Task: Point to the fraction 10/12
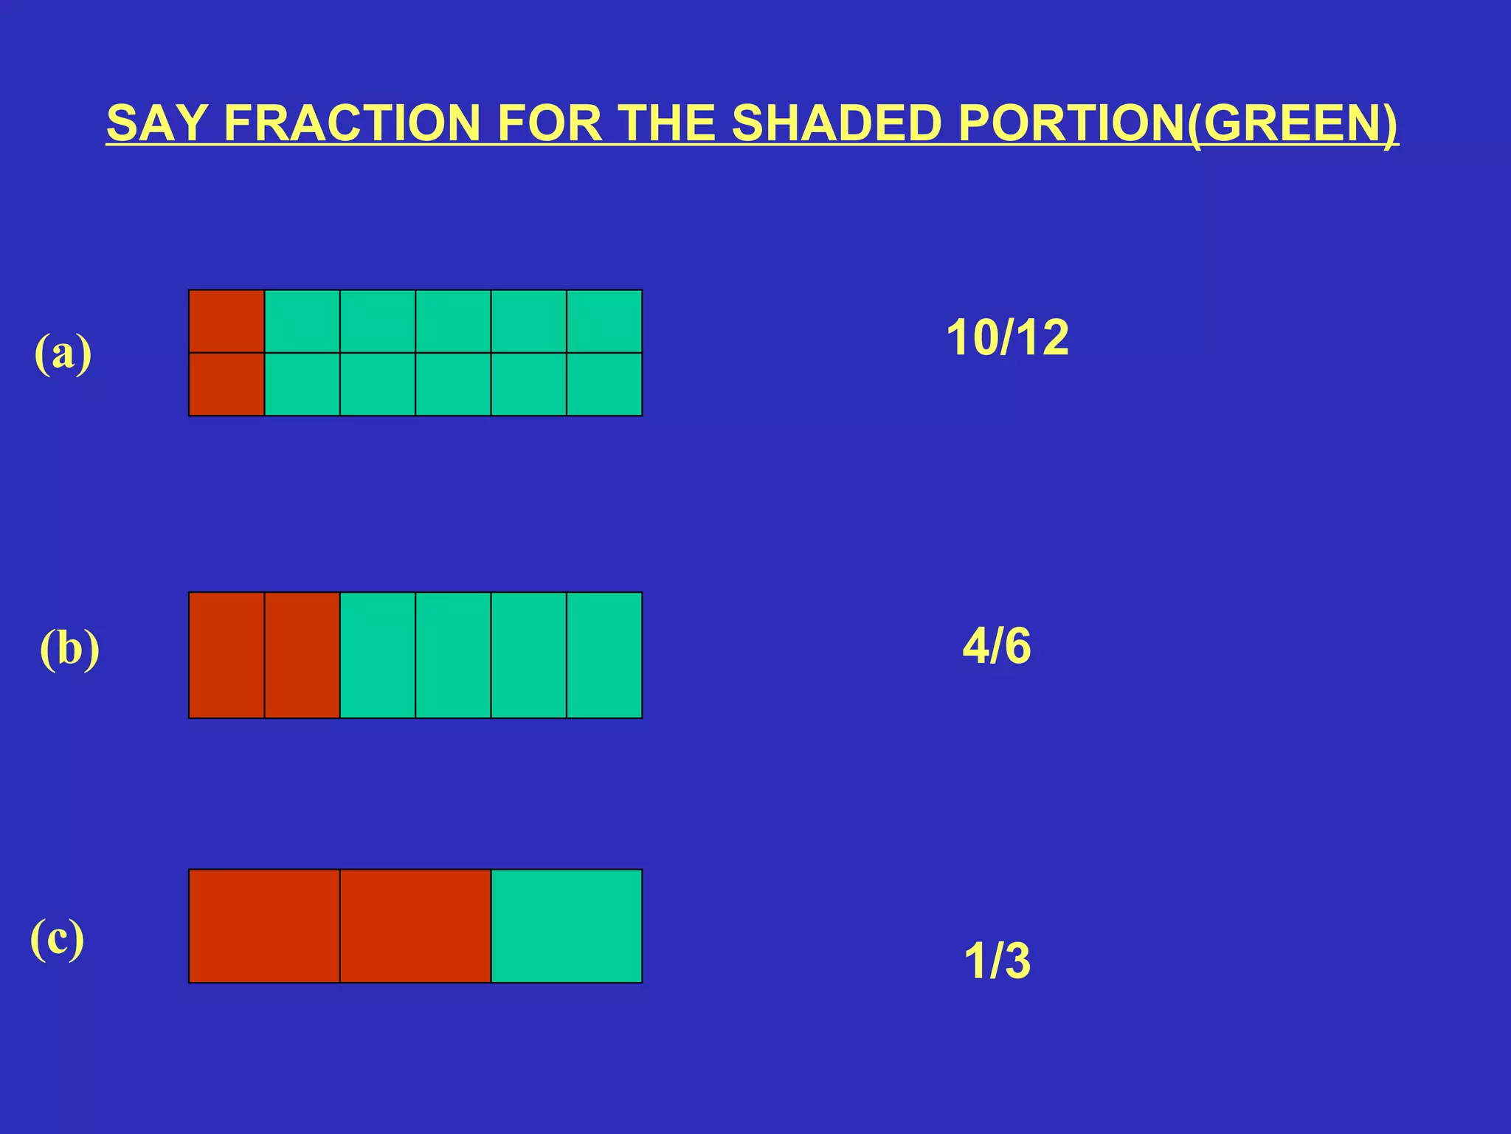pyautogui.click(x=1007, y=338)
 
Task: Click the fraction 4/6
pyautogui.click(x=997, y=646)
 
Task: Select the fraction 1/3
pyautogui.click(x=997, y=961)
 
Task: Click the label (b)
pyautogui.click(x=69, y=649)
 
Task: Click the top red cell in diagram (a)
pyautogui.click(x=227, y=321)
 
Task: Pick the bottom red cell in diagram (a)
pyautogui.click(x=227, y=384)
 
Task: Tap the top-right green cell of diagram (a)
pyautogui.click(x=604, y=321)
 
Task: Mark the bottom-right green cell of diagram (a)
pyautogui.click(x=604, y=384)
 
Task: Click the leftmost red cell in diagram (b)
pyautogui.click(x=227, y=655)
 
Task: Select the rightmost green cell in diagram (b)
pyautogui.click(x=604, y=655)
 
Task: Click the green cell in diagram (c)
pyautogui.click(x=566, y=926)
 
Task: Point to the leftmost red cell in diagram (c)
pyautogui.click(x=264, y=926)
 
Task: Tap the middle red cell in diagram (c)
pyautogui.click(x=415, y=926)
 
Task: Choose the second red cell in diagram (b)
pyautogui.click(x=302, y=655)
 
